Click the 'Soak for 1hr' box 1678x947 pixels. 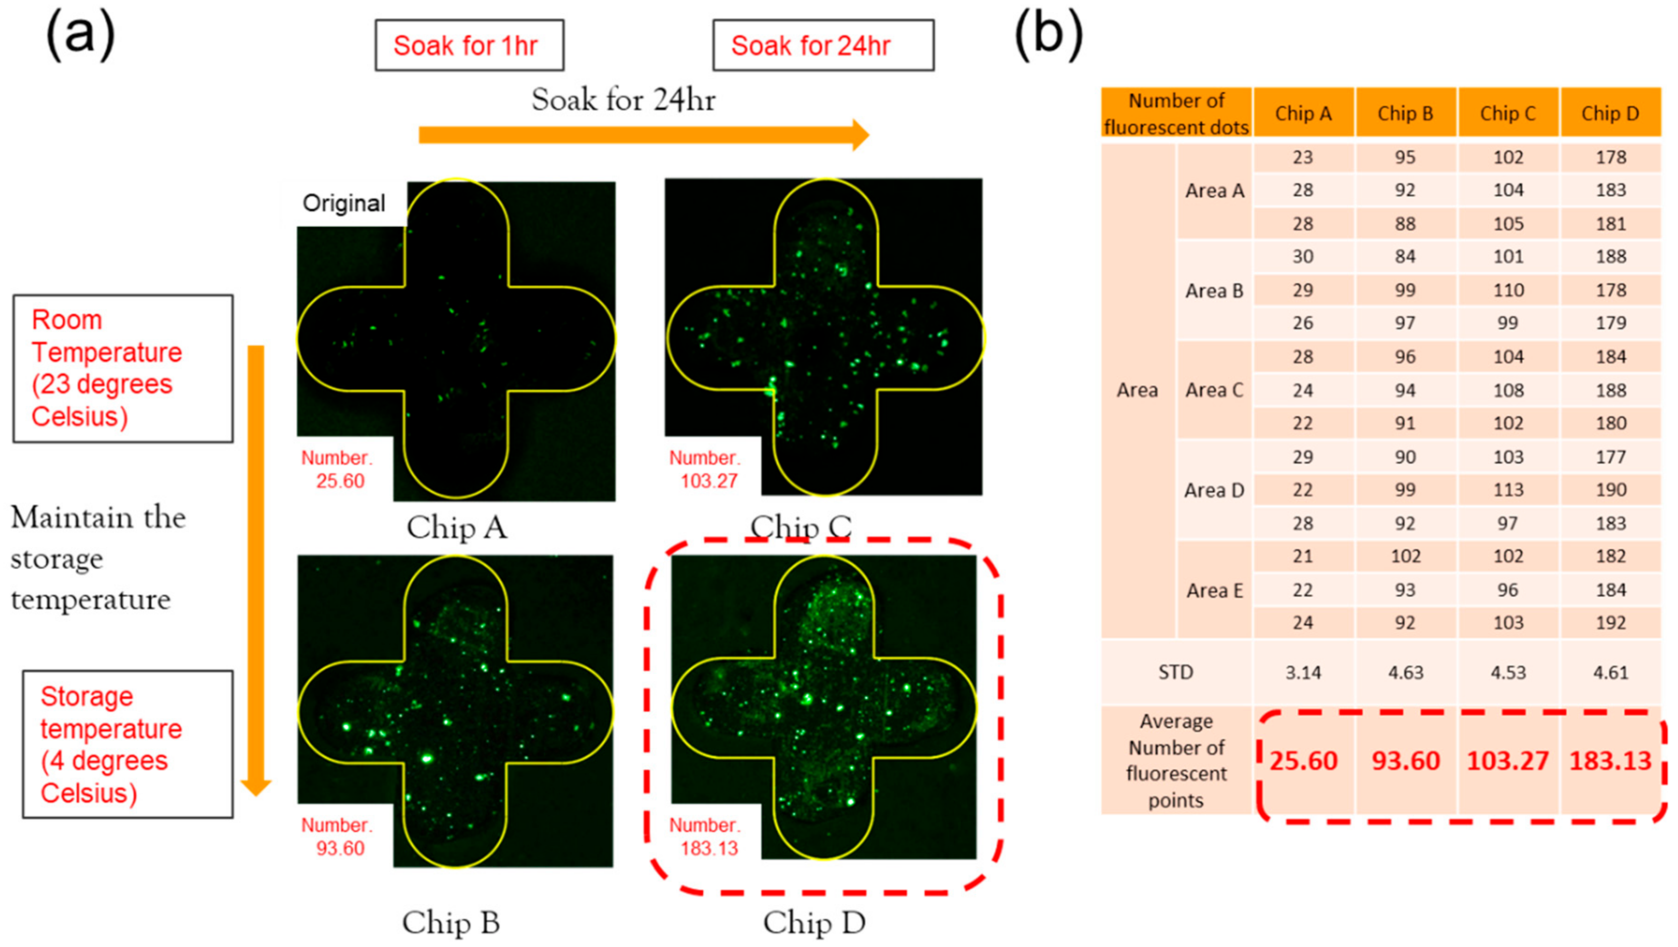click(x=469, y=45)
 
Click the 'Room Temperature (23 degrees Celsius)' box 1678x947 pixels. click(x=123, y=368)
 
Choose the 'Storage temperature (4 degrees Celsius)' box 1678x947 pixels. click(x=128, y=744)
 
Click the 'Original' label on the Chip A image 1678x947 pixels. click(x=344, y=203)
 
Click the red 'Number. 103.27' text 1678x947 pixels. click(x=706, y=469)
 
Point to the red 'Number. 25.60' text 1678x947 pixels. click(x=337, y=469)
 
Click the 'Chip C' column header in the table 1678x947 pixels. click(x=1508, y=114)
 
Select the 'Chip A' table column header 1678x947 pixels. click(x=1303, y=114)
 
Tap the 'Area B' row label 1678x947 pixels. click(x=1214, y=291)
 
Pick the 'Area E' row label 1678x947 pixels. click(x=1214, y=590)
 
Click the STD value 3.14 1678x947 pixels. click(x=1303, y=672)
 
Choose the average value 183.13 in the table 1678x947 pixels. click(x=1610, y=761)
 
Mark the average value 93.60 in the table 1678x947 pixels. click(x=1406, y=761)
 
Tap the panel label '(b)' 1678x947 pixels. click(x=1049, y=36)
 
